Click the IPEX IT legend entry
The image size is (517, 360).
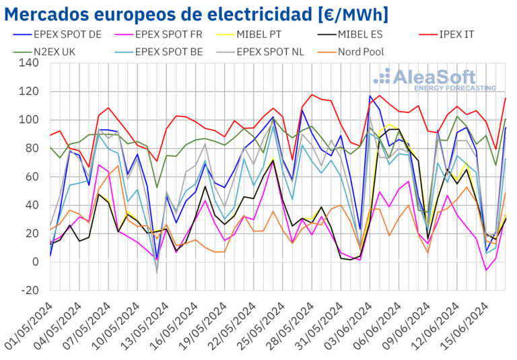point(462,32)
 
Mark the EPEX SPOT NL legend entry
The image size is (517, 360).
point(270,50)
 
